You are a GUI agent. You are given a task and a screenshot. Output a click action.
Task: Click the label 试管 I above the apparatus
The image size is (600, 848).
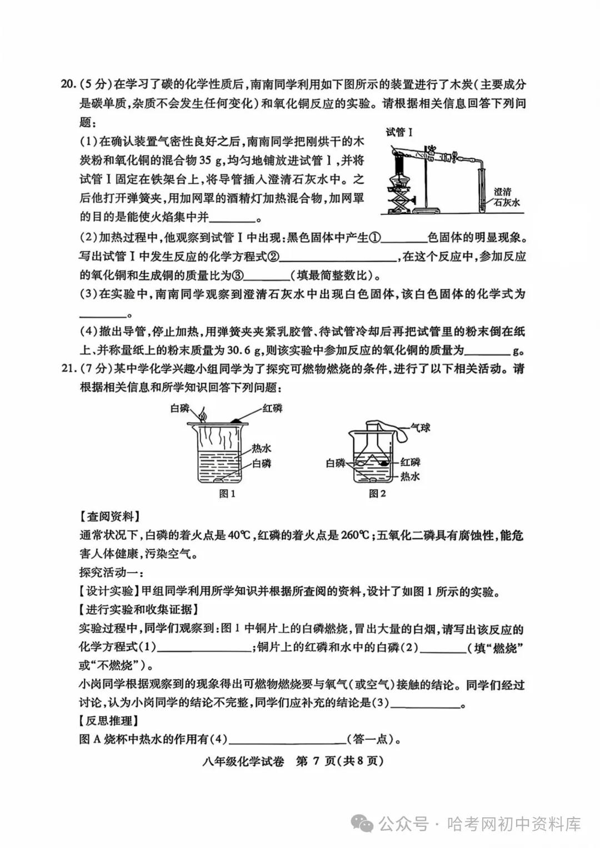click(399, 132)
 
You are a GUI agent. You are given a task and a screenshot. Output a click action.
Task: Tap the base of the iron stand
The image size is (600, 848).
click(428, 210)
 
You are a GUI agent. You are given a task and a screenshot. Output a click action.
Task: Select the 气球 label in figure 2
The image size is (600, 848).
click(421, 428)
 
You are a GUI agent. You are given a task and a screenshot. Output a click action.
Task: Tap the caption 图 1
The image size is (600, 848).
click(227, 494)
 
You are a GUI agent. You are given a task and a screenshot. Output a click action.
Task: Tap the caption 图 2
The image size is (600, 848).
click(377, 494)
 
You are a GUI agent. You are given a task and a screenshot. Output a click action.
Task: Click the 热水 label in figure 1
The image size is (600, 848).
click(262, 449)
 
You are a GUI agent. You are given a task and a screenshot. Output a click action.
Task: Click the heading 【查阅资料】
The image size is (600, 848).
click(109, 516)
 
